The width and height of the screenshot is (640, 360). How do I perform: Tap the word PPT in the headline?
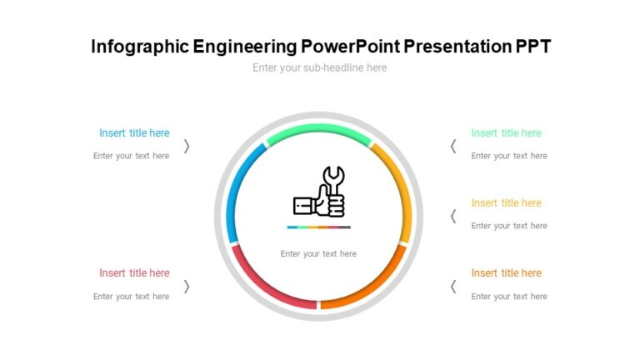(532, 47)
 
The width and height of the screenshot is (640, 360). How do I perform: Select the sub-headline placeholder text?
(320, 67)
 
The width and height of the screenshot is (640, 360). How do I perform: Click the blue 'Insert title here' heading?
(134, 133)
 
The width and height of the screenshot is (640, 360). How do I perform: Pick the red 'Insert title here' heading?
(134, 273)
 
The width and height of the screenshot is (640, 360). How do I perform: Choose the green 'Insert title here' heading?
(506, 133)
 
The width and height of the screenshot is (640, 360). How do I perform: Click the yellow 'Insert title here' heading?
(506, 203)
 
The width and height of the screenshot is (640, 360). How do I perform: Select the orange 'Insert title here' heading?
(506, 273)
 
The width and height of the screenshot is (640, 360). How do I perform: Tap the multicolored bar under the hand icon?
(319, 227)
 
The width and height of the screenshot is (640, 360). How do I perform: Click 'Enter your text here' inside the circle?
(318, 254)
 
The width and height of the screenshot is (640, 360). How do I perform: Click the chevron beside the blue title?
(187, 146)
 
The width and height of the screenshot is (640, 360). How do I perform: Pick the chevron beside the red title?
(187, 286)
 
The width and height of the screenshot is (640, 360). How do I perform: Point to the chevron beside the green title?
(453, 146)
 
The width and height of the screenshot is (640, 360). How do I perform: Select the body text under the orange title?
(509, 297)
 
